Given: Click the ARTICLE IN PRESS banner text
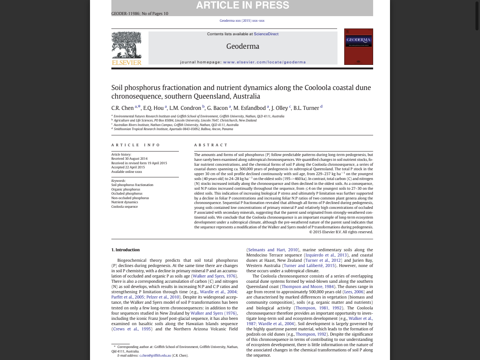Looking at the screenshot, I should (243, 5).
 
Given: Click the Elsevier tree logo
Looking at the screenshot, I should (126, 45).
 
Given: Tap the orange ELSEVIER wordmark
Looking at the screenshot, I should (126, 63).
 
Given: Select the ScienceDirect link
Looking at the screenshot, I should (266, 34).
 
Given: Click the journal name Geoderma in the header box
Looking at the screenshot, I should (243, 46).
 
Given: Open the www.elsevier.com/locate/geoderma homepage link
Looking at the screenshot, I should (264, 62).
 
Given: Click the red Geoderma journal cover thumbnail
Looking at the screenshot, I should (358, 46).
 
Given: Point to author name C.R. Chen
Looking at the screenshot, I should (122, 108).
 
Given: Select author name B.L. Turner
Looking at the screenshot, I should (306, 108).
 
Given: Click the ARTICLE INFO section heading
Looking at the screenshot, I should (135, 145).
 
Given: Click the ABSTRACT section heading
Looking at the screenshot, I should (211, 145).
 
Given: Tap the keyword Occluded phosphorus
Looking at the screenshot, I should (127, 193).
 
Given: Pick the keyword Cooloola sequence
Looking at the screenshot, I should (124, 207).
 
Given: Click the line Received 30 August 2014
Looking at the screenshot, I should (129, 159).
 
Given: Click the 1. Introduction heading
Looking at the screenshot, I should (125, 250).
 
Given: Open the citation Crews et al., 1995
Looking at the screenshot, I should (132, 329).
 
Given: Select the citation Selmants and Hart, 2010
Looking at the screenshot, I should (273, 250).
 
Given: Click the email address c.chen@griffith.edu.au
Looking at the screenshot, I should (155, 355).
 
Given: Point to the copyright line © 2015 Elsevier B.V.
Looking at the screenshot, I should (341, 232).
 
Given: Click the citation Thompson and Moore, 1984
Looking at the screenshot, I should (307, 286).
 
